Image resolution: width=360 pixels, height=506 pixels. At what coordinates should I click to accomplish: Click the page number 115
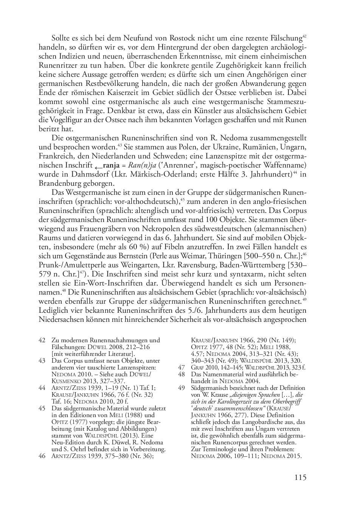300,477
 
